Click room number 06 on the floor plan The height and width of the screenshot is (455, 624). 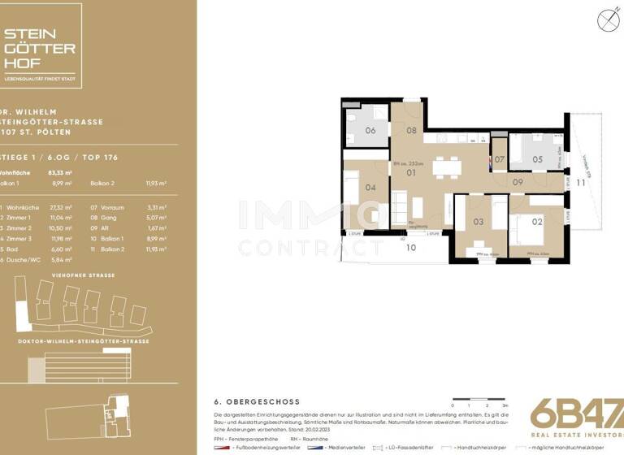coord(370,130)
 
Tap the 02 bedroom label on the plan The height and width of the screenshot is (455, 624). coord(537,219)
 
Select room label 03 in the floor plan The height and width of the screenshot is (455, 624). coord(478,221)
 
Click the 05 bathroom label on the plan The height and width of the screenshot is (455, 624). coord(537,159)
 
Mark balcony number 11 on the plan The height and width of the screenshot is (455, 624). coord(580,183)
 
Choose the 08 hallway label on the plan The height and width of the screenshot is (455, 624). coord(411,130)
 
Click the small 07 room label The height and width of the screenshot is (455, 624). coord(499,159)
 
